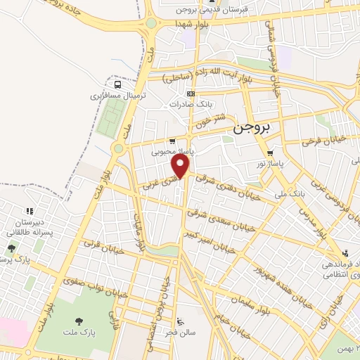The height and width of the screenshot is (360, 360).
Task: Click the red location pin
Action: [x=181, y=166]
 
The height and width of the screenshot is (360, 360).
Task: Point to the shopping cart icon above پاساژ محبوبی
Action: [x=172, y=141]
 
